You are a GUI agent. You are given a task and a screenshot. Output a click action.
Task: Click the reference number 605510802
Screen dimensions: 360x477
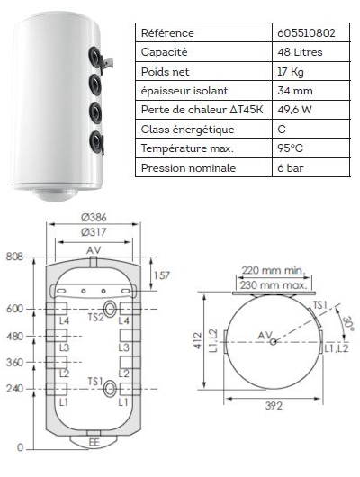306,33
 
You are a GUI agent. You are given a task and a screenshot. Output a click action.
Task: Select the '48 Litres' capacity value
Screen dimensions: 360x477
300,52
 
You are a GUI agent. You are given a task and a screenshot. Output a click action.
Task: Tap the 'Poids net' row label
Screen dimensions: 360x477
165,72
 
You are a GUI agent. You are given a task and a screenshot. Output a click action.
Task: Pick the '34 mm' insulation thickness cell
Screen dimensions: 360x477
295,91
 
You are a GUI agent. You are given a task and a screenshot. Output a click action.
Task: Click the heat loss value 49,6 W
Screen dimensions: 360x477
294,110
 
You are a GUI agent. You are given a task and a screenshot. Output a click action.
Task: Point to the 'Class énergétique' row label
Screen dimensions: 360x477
187,130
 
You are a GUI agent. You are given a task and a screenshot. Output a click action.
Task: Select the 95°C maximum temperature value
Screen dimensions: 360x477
291,148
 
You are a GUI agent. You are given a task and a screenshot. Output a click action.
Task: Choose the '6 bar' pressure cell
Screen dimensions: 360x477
291,168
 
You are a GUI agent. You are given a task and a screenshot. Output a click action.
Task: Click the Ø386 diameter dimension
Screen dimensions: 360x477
94,217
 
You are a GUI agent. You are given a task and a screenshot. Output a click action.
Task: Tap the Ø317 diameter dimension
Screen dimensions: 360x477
94,232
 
